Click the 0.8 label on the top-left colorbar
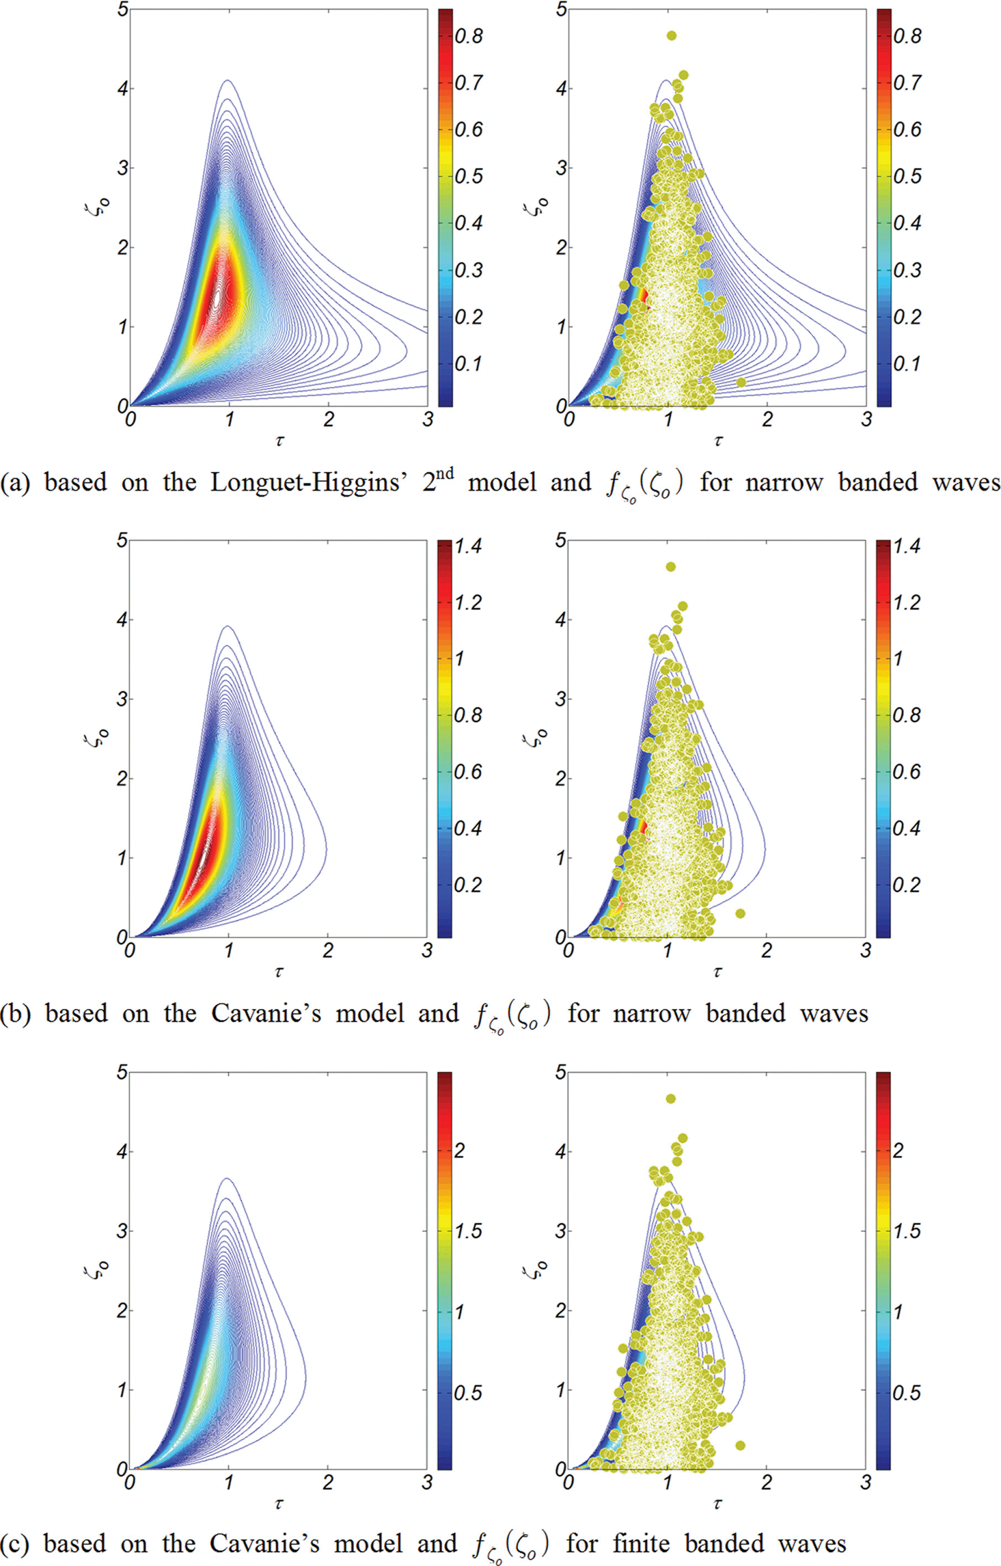(468, 37)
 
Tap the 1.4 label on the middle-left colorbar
(468, 547)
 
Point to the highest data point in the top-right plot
(671, 36)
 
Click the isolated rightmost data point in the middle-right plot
(740, 913)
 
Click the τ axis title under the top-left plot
(279, 441)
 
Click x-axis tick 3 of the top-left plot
(427, 419)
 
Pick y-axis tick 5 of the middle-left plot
(121, 540)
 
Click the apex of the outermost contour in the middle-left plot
(228, 626)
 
